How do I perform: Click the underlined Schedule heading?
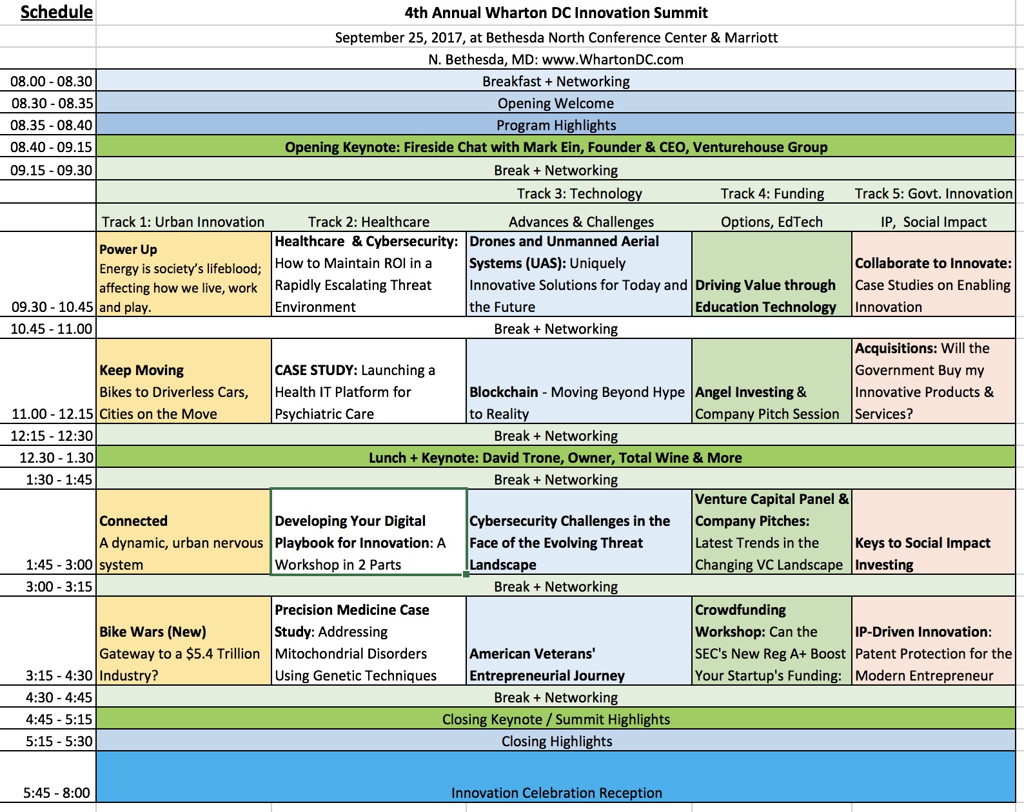click(x=56, y=12)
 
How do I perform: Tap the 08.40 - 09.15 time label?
click(x=52, y=147)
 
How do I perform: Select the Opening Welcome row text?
click(x=556, y=103)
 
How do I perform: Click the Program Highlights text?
click(x=556, y=125)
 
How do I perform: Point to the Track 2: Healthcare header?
click(x=369, y=222)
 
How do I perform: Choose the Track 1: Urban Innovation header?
click(x=183, y=222)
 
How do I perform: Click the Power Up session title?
click(x=128, y=249)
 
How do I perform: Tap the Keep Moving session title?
click(x=141, y=370)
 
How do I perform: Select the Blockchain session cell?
click(x=578, y=381)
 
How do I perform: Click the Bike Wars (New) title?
click(x=153, y=632)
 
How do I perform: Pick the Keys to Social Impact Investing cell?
click(x=934, y=531)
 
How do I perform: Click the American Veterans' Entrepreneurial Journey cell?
click(x=578, y=641)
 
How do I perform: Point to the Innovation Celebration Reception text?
click(x=556, y=793)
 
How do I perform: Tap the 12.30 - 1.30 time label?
click(x=56, y=458)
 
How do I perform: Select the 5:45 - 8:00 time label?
click(x=57, y=793)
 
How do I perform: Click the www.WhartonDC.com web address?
click(x=613, y=59)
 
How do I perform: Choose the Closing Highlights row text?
click(x=556, y=741)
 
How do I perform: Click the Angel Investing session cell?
click(x=771, y=381)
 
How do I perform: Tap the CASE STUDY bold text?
click(x=316, y=370)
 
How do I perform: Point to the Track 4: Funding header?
click(x=773, y=193)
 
